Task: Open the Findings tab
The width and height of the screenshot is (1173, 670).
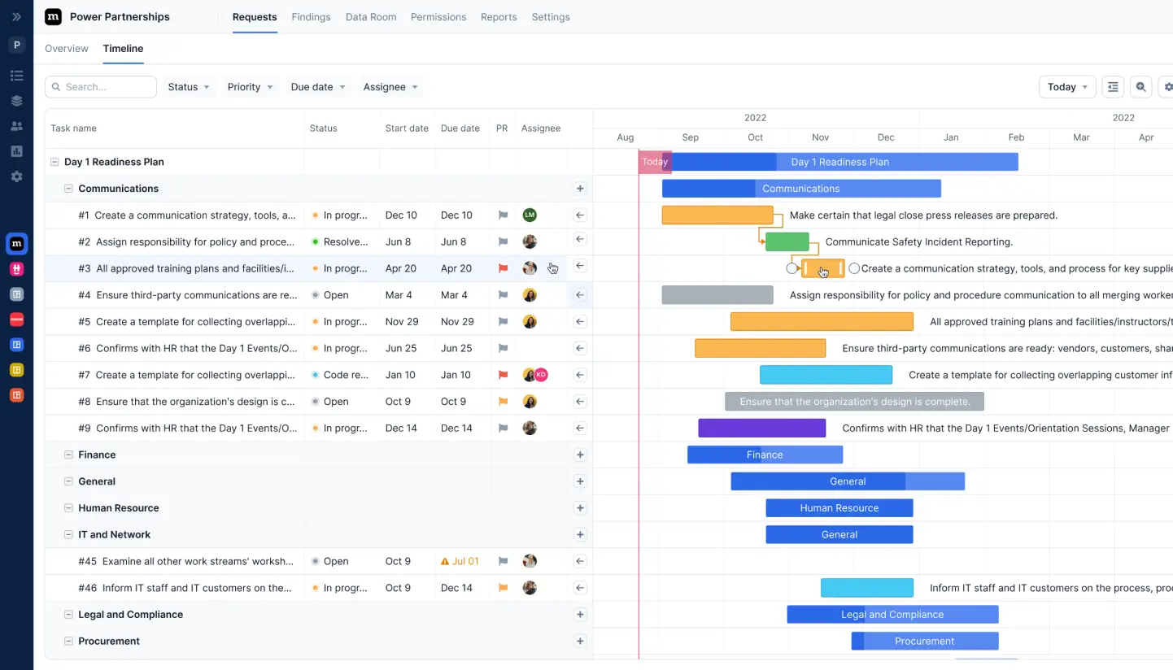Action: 311,17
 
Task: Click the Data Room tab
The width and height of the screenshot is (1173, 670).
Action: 371,17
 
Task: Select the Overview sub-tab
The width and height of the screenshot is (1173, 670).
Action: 67,49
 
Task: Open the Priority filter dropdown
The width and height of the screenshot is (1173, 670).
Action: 250,87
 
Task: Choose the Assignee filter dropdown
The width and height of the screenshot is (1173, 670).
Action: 390,87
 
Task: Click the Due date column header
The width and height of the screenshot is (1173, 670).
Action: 460,128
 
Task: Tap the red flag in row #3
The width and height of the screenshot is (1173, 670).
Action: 503,268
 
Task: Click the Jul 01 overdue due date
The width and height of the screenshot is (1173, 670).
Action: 460,561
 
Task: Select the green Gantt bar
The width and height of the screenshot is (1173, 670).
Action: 787,241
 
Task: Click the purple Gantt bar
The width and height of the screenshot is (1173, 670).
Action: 761,428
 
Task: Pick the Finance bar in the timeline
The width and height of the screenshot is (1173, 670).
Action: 765,455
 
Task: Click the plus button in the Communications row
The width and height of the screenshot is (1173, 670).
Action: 580,189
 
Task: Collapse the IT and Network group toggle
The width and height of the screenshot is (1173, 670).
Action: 69,535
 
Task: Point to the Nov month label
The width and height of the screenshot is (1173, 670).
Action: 821,137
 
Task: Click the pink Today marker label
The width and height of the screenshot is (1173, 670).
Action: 654,162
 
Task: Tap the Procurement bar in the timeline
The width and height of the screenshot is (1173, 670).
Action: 924,641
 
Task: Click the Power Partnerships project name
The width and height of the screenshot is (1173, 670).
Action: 120,17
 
